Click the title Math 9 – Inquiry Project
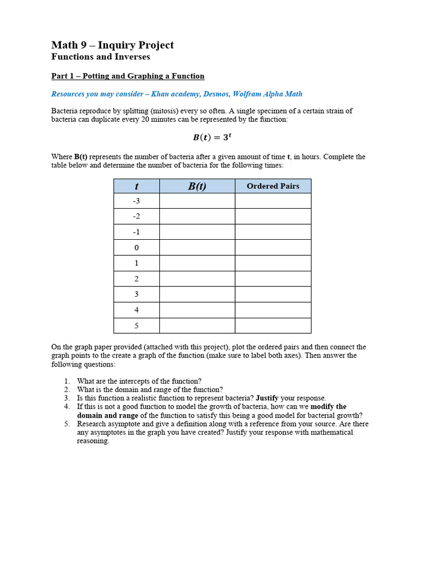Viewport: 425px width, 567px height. coord(112,45)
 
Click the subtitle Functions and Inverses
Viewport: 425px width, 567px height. coord(100,56)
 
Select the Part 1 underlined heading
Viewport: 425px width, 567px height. coord(128,76)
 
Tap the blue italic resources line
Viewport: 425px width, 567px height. coord(177,94)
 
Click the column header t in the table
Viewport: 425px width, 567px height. coord(136,186)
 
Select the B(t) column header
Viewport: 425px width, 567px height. coord(197,186)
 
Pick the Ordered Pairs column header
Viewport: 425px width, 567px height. coord(273,186)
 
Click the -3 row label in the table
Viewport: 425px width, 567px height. coord(136,201)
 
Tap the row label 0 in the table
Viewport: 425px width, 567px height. coord(136,248)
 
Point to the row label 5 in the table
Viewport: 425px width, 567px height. coord(136,326)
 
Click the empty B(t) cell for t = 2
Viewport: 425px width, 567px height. coord(197,279)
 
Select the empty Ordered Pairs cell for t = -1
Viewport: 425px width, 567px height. coord(273,232)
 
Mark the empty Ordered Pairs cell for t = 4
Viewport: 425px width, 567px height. coord(273,310)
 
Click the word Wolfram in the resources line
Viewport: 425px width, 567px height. coord(247,94)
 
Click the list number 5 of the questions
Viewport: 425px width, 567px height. coord(66,424)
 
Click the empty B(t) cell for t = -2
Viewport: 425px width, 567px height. coord(197,217)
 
